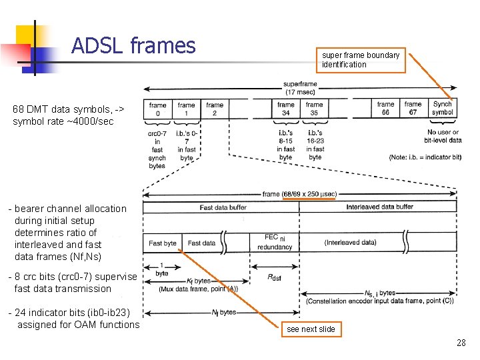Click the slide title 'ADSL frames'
click(x=133, y=45)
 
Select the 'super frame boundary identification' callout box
click(x=361, y=59)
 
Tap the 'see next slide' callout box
click(x=311, y=329)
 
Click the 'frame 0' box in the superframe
click(x=158, y=109)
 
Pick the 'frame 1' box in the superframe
click(x=187, y=109)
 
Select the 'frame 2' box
click(x=215, y=109)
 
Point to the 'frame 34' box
click(x=286, y=109)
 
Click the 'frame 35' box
click(x=314, y=109)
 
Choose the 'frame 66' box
click(x=385, y=109)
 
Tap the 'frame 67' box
click(x=413, y=109)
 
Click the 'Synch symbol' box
click(x=443, y=109)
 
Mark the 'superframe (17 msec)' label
click(x=300, y=89)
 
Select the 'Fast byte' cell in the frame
click(x=162, y=243)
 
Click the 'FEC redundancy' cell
click(x=275, y=242)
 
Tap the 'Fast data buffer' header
click(x=223, y=207)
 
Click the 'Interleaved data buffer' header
click(x=379, y=207)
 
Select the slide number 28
click(x=461, y=343)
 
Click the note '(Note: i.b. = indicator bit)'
click(x=425, y=157)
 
